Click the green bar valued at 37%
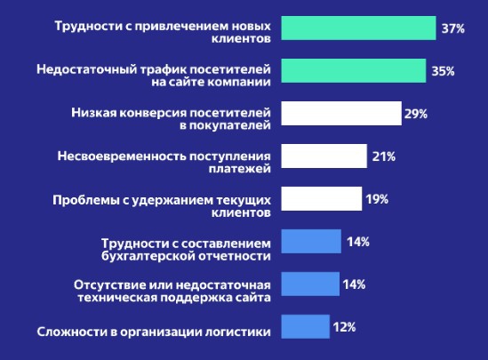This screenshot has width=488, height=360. point(358,28)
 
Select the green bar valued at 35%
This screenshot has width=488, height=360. point(353,71)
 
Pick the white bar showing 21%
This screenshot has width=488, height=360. point(324,156)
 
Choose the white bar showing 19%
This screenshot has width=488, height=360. point(321,199)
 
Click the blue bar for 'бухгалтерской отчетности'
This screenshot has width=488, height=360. point(311,242)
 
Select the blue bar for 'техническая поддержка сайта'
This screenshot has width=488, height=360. point(310,284)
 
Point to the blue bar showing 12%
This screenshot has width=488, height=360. point(305,327)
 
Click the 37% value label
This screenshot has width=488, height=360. point(453,28)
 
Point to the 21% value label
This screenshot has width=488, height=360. point(384,156)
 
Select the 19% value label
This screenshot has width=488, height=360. point(376,199)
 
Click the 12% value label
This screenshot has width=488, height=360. point(344,327)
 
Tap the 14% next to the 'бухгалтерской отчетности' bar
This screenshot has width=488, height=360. point(358,242)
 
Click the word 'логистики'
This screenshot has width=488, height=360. point(236,333)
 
